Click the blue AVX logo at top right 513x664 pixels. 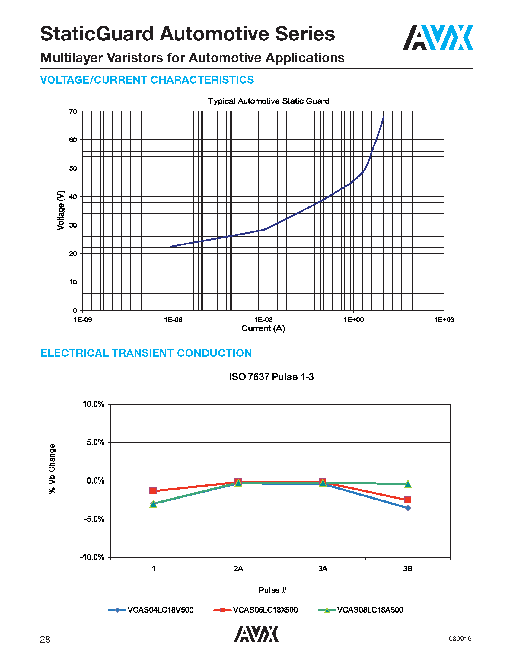437,38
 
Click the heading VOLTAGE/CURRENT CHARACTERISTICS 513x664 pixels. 147,80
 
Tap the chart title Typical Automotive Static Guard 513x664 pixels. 268,101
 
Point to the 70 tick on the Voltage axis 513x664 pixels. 73,112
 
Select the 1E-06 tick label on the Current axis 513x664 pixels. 173,320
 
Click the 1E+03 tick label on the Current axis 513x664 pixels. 444,320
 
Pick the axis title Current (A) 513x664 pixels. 263,329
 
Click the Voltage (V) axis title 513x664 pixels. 61,210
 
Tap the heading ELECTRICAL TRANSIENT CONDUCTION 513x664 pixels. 146,353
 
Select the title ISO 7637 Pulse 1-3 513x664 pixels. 271,377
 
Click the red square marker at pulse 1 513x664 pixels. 153,491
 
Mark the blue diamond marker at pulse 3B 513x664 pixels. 408,508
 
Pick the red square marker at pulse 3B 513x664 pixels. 408,500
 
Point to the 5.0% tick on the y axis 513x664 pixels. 95,443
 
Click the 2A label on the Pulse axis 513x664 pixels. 238,569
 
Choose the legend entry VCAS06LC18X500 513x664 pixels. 265,610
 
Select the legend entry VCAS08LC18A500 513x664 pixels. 370,610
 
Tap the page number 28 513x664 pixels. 45,640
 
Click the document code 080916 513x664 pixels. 460,639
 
